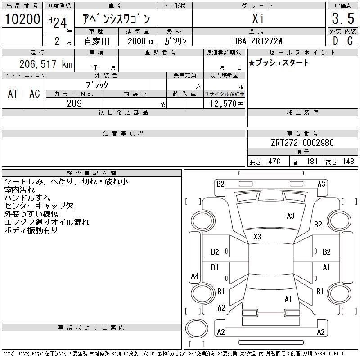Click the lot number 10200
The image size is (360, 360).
pyautogui.click(x=22, y=19)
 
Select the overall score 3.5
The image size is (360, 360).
pyautogui.click(x=343, y=18)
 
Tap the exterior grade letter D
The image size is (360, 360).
pyautogui.click(x=335, y=41)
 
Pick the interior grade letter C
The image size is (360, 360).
pyautogui.click(x=350, y=41)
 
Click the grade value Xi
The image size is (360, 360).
pyautogui.click(x=258, y=18)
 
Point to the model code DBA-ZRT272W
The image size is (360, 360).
pyautogui.click(x=257, y=41)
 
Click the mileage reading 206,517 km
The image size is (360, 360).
pyautogui.click(x=46, y=64)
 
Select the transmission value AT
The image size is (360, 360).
pyautogui.click(x=13, y=94)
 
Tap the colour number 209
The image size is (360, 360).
pyautogui.click(x=74, y=103)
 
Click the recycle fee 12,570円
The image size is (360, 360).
pyautogui.click(x=226, y=104)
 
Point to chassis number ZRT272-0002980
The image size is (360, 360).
pyautogui.click(x=302, y=143)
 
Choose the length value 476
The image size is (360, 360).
pyautogui.click(x=274, y=162)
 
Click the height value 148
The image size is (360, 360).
pyautogui.click(x=348, y=162)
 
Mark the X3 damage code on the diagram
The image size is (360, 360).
pyautogui.click(x=257, y=237)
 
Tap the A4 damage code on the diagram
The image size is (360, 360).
pyautogui.click(x=195, y=275)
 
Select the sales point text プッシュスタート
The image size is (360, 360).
pyautogui.click(x=282, y=63)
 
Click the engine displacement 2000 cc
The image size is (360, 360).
pyautogui.click(x=141, y=41)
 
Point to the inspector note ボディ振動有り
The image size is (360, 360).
pyautogui.click(x=31, y=230)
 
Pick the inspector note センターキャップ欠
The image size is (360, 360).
pyautogui.click(x=39, y=206)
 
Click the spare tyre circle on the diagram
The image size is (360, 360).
pyautogui.click(x=197, y=328)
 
